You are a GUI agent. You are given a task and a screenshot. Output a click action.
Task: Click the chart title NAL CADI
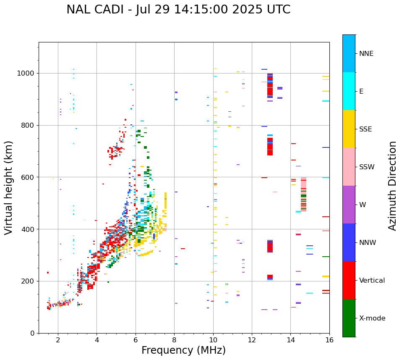[x=178, y=10]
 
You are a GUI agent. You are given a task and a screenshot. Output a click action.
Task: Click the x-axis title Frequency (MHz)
[x=183, y=350]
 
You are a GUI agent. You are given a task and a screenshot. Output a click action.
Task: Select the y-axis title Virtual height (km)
[x=9, y=188]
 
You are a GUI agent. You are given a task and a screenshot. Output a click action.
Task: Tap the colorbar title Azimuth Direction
[x=392, y=186]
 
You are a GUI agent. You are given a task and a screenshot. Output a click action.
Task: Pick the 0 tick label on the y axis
[x=32, y=333]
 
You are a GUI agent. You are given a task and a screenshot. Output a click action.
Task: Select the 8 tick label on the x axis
[x=175, y=340]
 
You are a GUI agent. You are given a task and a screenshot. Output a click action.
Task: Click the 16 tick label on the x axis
[x=329, y=340]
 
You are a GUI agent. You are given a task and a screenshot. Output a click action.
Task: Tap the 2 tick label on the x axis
[x=58, y=340]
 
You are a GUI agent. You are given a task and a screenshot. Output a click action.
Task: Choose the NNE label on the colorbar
[x=366, y=54]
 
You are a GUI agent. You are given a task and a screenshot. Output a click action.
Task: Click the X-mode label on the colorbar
[x=372, y=318]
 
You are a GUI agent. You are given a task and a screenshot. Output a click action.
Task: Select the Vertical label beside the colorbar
[x=372, y=281]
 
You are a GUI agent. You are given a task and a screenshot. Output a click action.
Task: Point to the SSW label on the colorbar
[x=367, y=167]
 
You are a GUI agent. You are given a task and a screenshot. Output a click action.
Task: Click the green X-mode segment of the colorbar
[x=349, y=318]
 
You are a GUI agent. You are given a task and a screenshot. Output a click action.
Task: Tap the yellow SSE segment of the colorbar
[x=349, y=129]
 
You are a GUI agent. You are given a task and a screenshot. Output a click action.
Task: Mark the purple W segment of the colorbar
[x=349, y=205]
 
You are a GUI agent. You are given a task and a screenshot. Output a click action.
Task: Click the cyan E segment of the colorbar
[x=349, y=91]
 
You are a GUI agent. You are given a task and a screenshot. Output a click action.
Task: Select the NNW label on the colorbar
[x=368, y=243]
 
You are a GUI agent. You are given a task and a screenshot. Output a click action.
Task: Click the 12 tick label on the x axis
[x=252, y=340]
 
